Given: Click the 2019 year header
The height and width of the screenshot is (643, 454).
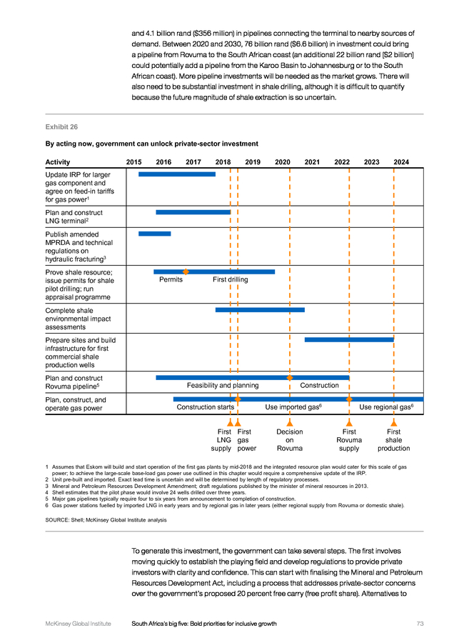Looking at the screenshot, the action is point(253,162).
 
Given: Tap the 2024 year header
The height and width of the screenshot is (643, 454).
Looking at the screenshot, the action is point(401,162).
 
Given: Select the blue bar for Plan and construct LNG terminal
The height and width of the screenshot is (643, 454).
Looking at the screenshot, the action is point(193,212).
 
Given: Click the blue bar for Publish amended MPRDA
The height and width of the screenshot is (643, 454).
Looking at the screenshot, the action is point(154,234).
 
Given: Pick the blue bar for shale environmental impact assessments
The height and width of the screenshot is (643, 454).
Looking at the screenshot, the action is point(260,310).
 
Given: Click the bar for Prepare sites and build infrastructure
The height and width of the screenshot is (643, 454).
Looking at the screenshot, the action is point(349,339).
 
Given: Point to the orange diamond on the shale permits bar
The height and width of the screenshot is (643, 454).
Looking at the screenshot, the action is point(186,271).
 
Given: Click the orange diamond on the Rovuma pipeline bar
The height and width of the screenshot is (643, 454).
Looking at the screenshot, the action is point(290,377).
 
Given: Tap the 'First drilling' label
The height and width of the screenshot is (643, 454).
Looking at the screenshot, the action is point(231,279).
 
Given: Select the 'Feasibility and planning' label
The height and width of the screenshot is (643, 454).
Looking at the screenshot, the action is point(223,386).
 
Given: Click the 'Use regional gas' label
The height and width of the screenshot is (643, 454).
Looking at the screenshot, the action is point(386,407).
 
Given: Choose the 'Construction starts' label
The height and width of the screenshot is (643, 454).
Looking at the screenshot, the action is point(206,407).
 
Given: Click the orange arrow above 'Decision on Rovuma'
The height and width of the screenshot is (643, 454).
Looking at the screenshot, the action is point(290,422).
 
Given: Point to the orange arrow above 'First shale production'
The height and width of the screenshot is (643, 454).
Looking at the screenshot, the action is point(394,422).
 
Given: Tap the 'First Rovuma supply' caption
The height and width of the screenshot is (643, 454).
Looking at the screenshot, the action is point(349,440).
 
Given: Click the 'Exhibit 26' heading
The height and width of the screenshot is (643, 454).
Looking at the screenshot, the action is point(61,127).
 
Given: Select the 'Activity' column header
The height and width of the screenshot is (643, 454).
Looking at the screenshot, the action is point(58,162).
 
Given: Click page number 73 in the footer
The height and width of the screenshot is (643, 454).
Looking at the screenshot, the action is point(420,624).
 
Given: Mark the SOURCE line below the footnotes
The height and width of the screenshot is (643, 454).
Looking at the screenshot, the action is point(106,520).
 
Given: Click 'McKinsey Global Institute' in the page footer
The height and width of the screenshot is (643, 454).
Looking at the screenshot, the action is point(79,624).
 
